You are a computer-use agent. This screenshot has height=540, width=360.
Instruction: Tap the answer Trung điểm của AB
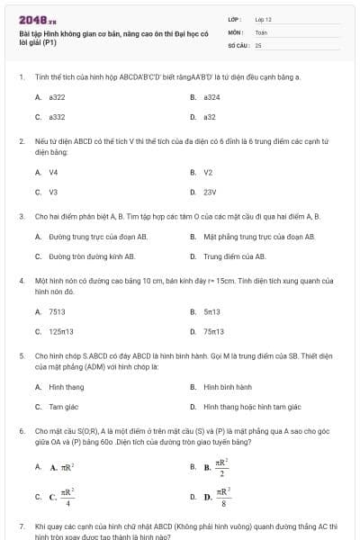click(235, 256)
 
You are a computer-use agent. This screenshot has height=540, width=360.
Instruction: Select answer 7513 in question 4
click(57, 311)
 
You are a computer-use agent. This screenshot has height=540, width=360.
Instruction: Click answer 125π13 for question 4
click(62, 331)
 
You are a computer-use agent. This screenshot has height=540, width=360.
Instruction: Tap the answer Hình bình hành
click(228, 387)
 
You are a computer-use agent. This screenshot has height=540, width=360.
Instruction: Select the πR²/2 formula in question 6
click(221, 467)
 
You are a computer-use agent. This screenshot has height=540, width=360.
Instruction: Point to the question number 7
click(21, 525)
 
